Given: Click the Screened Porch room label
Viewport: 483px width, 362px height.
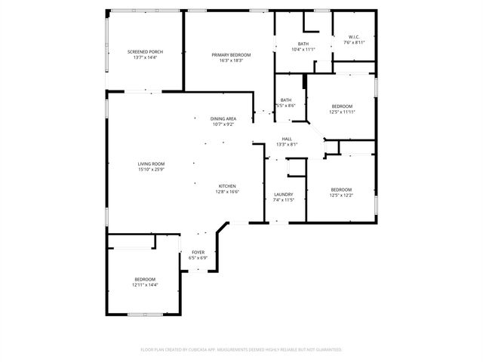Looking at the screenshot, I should point(145,51).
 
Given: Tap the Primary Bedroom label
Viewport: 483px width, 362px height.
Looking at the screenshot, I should point(231,55).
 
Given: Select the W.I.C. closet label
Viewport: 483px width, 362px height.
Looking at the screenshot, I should point(354,37).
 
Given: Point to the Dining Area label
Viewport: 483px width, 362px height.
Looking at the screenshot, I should point(223,118).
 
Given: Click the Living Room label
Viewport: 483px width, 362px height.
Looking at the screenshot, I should point(151,164).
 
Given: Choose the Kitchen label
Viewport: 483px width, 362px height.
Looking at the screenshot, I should point(228,186).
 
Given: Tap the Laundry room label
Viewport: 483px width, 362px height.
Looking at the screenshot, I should point(283,195).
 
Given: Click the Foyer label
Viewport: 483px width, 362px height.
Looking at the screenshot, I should point(198,252).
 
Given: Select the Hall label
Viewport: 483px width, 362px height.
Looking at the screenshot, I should point(287,139).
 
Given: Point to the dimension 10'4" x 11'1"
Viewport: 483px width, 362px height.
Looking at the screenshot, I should point(303,50).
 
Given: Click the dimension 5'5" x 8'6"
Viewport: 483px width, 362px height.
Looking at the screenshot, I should point(286,106).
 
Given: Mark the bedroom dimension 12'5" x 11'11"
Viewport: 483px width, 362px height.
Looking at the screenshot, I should point(342,112).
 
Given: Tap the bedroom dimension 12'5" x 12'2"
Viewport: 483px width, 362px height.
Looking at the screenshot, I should point(341,195).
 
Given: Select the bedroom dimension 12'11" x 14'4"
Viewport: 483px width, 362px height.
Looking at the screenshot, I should point(145,285).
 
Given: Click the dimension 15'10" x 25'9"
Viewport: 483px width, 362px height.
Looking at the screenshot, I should point(151,170).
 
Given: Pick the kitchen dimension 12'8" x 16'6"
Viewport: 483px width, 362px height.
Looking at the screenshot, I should point(228,192).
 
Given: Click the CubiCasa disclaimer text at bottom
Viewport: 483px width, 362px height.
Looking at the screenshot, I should point(241,349).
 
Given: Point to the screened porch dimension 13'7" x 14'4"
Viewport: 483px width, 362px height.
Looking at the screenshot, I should point(145,57).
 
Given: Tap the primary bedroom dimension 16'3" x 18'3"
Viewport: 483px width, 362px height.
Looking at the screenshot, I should point(231,61).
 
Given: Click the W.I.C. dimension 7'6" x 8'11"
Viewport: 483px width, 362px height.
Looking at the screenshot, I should point(354,43).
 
